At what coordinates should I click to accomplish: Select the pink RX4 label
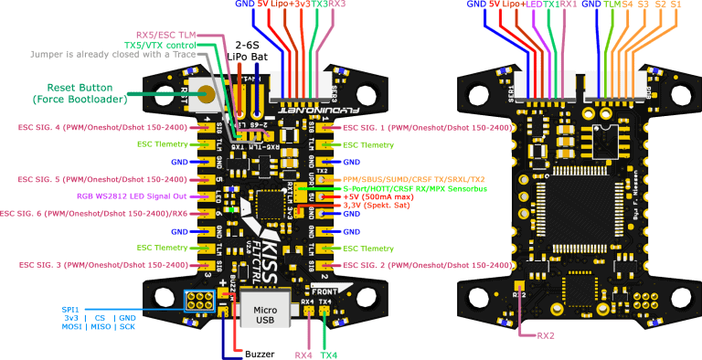pos(304,355)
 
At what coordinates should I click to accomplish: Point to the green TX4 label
pos(329,355)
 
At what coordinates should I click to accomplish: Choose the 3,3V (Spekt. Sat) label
pos(377,205)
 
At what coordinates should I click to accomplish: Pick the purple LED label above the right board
pos(537,5)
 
